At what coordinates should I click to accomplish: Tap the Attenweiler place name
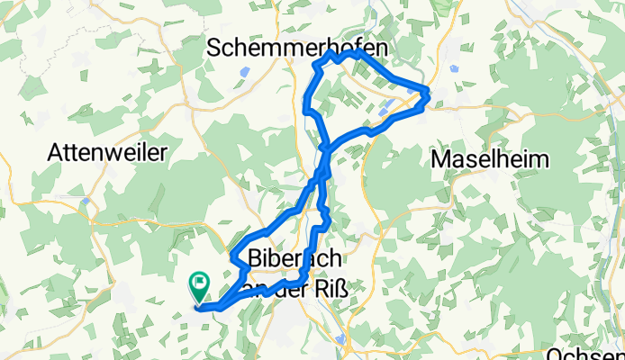[109, 153]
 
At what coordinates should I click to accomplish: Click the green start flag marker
[199, 287]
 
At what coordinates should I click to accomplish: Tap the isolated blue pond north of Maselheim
[452, 67]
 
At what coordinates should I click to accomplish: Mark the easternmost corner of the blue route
[427, 93]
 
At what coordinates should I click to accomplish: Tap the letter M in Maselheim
[440, 160]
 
